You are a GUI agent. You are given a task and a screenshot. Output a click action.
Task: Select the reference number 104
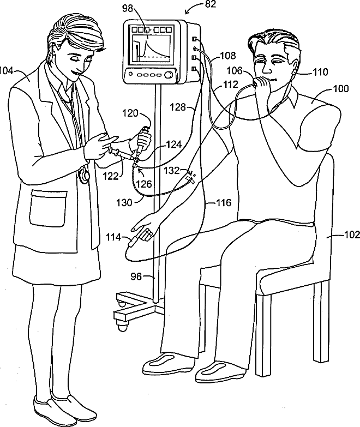tap(9, 71)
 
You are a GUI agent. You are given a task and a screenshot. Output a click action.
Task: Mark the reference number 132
tap(172, 171)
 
